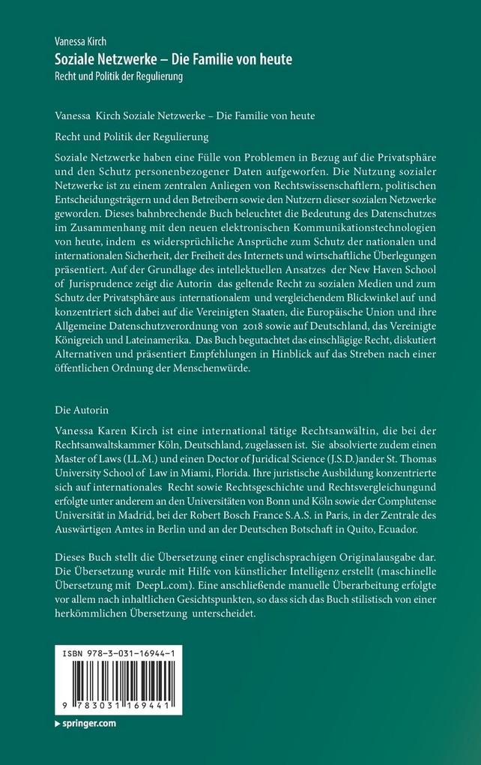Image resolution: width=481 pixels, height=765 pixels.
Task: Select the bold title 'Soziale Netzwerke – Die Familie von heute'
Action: [174, 59]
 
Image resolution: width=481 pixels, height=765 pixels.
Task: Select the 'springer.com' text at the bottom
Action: [88, 724]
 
